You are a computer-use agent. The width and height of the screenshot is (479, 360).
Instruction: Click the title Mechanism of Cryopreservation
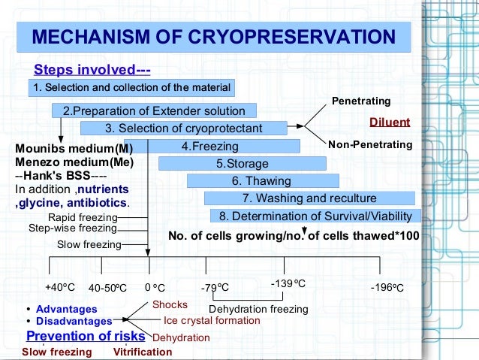click(x=215, y=38)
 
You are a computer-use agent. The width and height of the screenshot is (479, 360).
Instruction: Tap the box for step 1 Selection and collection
click(x=131, y=89)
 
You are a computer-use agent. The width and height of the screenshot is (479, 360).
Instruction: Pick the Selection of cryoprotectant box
click(x=183, y=129)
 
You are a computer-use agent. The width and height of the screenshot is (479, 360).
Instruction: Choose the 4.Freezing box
click(x=210, y=147)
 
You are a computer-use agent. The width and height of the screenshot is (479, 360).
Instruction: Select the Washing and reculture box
click(x=309, y=198)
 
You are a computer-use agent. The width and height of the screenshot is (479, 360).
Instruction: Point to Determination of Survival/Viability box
click(x=315, y=216)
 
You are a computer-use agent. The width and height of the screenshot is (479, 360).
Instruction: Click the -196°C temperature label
click(x=387, y=288)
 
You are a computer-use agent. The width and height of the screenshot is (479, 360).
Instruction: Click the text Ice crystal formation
click(x=212, y=321)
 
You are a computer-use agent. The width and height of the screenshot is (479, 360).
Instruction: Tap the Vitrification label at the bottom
click(x=142, y=352)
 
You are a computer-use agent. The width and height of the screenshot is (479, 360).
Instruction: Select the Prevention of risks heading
click(x=81, y=336)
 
